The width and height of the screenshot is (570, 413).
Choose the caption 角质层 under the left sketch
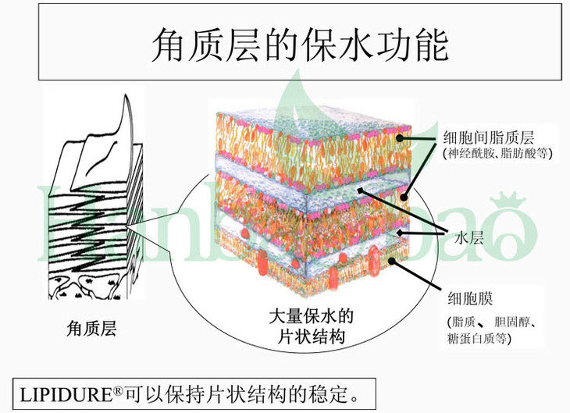point(91,329)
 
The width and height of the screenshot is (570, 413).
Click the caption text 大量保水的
point(312,318)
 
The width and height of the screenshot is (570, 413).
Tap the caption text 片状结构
point(312,337)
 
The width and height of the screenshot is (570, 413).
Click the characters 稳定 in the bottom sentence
point(327,390)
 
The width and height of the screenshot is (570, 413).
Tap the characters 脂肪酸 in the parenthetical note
point(518,155)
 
